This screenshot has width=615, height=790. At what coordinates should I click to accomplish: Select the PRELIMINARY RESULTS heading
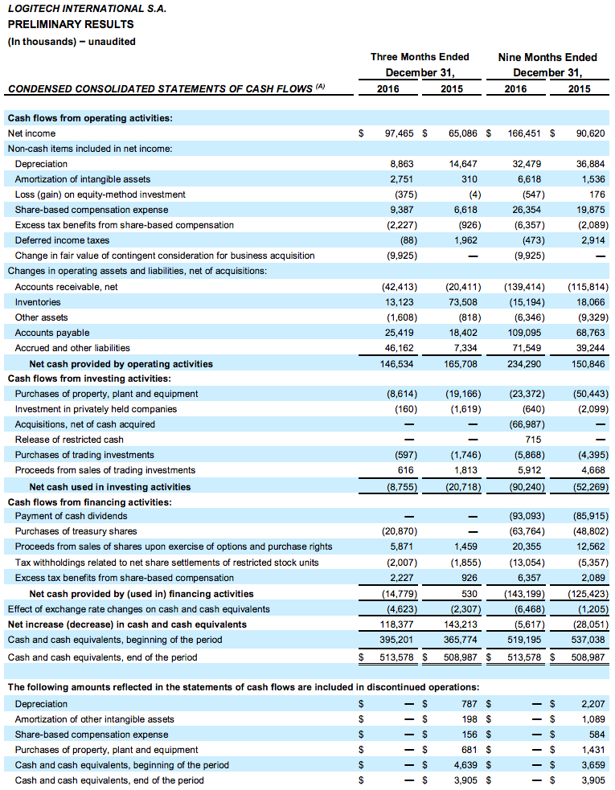coord(71,24)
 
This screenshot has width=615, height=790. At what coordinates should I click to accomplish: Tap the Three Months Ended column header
coord(420,57)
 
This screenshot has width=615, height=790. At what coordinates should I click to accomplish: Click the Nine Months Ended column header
coord(547,57)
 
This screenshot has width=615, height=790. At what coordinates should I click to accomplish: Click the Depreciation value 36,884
coord(592,163)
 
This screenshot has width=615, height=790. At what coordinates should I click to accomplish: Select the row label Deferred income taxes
coord(62,239)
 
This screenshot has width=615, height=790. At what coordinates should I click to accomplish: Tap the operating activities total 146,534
coord(396,364)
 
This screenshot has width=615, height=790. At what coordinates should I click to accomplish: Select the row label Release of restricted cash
coord(69,440)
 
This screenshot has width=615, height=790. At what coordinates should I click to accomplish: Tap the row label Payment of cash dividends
coord(71,516)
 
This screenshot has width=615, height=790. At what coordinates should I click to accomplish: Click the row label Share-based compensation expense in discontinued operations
coord(92,735)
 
